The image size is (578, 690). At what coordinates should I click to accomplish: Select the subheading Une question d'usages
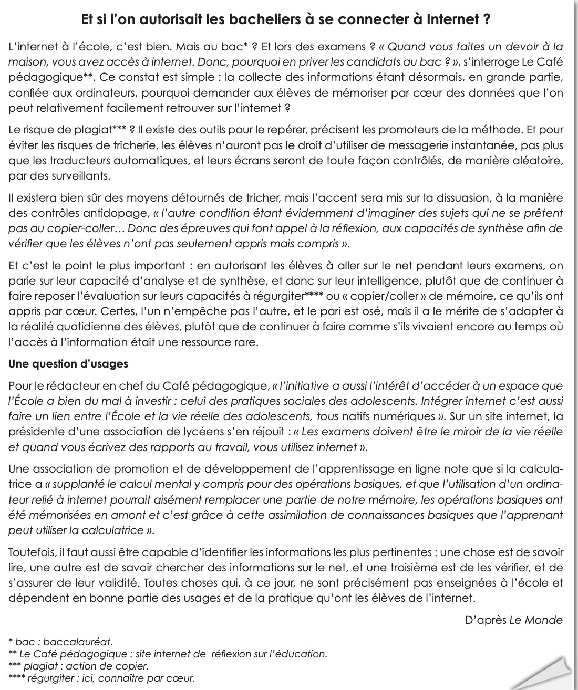point(68,363)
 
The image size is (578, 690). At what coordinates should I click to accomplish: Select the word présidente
point(36,432)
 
